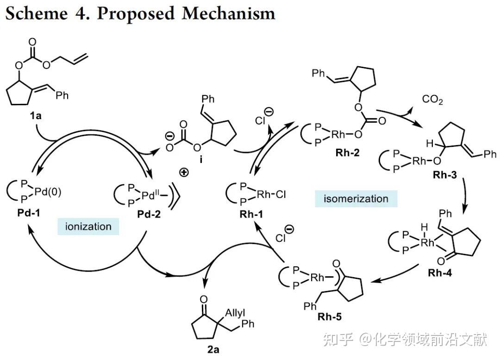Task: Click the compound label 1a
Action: coord(36,115)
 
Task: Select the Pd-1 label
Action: coord(29,213)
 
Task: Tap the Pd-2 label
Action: coord(149,214)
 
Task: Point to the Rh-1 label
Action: coord(251,214)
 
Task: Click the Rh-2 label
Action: coord(347,152)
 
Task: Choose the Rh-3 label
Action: coord(444,175)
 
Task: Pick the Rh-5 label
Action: coord(330,316)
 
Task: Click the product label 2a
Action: coord(213,349)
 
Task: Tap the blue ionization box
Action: coord(88,227)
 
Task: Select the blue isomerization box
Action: coord(356,199)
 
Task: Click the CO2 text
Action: coord(432,100)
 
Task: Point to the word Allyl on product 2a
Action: coord(235,313)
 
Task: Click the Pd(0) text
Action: coord(48,191)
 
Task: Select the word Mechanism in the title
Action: coord(228,13)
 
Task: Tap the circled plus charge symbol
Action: coord(184,173)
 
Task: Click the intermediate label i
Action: coord(201,159)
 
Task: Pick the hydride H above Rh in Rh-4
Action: coord(424,227)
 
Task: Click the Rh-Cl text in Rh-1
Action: coord(271,194)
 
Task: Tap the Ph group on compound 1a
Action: coord(62,95)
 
